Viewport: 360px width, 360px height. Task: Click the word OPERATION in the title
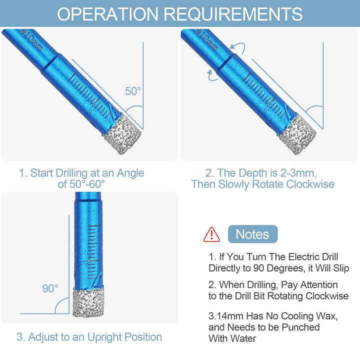pos(107,14)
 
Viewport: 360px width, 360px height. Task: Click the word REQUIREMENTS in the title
pos(233,14)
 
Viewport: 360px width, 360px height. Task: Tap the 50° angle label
pos(133,91)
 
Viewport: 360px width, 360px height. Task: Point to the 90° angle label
pos(50,288)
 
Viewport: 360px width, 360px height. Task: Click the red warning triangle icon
pos(211,234)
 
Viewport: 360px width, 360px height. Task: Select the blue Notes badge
pos(252,234)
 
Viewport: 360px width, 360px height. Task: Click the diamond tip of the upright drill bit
pos(88,303)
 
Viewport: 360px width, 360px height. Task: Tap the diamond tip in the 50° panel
pos(122,134)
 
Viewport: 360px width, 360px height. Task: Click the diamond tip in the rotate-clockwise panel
pos(297,134)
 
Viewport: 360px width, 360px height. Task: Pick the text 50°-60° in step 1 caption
pos(81,184)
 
